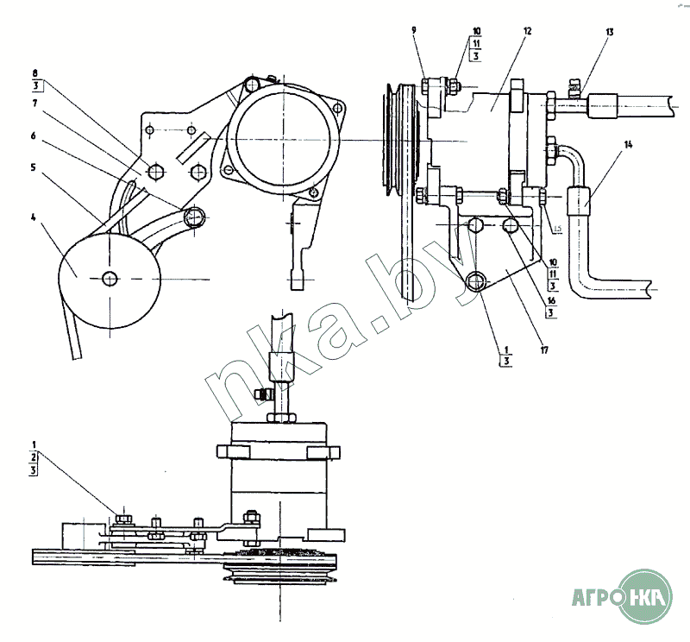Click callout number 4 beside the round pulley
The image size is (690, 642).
tap(34, 217)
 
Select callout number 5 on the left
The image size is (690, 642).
tap(33, 167)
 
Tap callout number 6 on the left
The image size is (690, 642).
tap(34, 135)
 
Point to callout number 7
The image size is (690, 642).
tap(34, 103)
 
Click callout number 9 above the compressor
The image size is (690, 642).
tap(414, 30)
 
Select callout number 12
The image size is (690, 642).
tap(528, 31)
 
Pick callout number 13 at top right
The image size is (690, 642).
tap(610, 32)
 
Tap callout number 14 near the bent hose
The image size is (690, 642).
tap(628, 144)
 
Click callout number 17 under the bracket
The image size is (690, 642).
tap(544, 350)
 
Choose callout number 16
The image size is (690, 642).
tap(551, 301)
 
